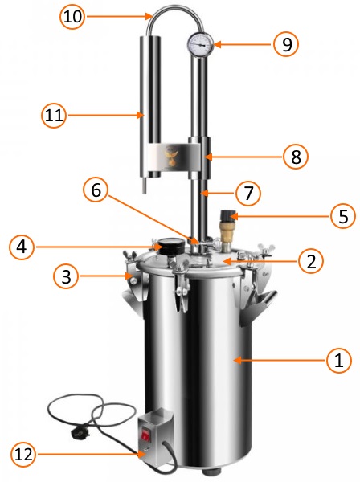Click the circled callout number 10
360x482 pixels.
pyautogui.click(x=72, y=16)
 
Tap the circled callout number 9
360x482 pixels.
pyautogui.click(x=286, y=44)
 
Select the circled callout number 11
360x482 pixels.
pyautogui.click(x=54, y=116)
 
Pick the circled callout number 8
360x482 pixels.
pyautogui.click(x=296, y=157)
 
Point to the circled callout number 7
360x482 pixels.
pyautogui.click(x=247, y=194)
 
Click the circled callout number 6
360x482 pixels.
pyautogui.click(x=96, y=190)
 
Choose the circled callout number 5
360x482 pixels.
pyautogui.click(x=343, y=216)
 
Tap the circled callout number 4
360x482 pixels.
pyautogui.click(x=22, y=247)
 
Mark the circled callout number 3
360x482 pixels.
pyautogui.click(x=66, y=276)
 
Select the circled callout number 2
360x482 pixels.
pyautogui.click(x=311, y=261)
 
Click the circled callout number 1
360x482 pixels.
pyautogui.click(x=339, y=360)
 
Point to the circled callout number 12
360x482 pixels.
pyautogui.click(x=23, y=455)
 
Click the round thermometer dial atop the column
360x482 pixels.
pyautogui.click(x=200, y=44)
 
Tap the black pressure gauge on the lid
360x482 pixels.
pyautogui.click(x=170, y=247)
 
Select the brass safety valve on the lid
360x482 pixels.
pyautogui.click(x=227, y=230)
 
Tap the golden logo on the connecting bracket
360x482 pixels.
pyautogui.click(x=171, y=156)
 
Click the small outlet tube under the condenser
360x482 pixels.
pyautogui.click(x=144, y=186)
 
